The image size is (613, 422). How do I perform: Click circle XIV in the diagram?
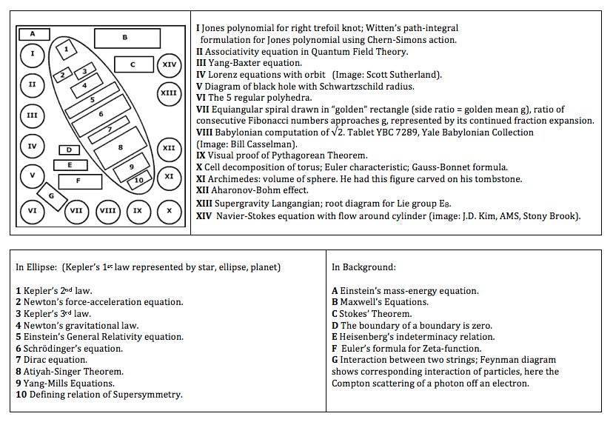tap(170, 64)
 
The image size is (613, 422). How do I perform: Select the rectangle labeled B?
tap(124, 37)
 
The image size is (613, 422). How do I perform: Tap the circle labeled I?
tap(32, 53)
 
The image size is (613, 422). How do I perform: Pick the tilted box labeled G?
tap(51, 195)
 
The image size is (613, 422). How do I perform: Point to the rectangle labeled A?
tap(33, 33)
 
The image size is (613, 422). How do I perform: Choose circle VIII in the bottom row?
tap(107, 210)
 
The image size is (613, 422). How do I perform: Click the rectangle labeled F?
tap(78, 180)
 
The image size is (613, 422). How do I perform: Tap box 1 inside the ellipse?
tap(67, 49)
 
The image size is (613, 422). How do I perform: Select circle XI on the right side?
tap(169, 176)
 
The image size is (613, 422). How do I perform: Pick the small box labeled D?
tap(69, 150)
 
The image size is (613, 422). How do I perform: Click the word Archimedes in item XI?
tap(238, 178)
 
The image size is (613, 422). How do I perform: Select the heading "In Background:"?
tap(364, 267)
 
